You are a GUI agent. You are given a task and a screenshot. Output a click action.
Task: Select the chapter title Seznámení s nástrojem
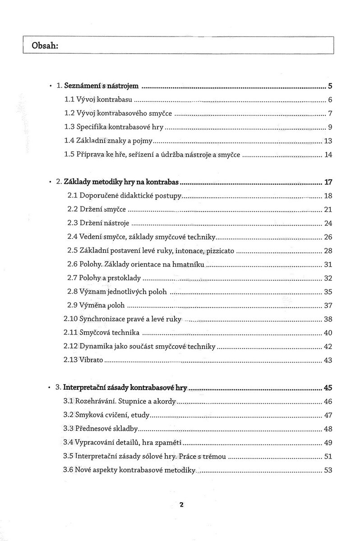pos(102,85)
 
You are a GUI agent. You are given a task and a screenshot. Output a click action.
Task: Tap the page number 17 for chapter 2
pos(328,183)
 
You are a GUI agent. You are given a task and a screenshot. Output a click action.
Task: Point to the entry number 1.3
pos(70,127)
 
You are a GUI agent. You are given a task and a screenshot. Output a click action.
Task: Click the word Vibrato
pos(91,360)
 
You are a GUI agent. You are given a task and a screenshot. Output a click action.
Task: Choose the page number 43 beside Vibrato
pos(328,360)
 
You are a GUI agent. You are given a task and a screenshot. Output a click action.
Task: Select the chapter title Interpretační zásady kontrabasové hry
pos(125,387)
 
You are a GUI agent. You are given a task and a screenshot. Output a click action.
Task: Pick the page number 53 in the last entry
pos(328,470)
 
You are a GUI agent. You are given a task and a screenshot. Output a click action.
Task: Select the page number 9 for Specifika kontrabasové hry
pos(330,127)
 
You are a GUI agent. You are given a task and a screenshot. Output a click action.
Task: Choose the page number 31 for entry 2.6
pos(328,265)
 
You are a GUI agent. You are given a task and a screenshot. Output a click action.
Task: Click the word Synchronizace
pos(102,319)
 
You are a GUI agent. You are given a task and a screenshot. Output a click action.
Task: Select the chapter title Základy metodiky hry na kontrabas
pos(122,183)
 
